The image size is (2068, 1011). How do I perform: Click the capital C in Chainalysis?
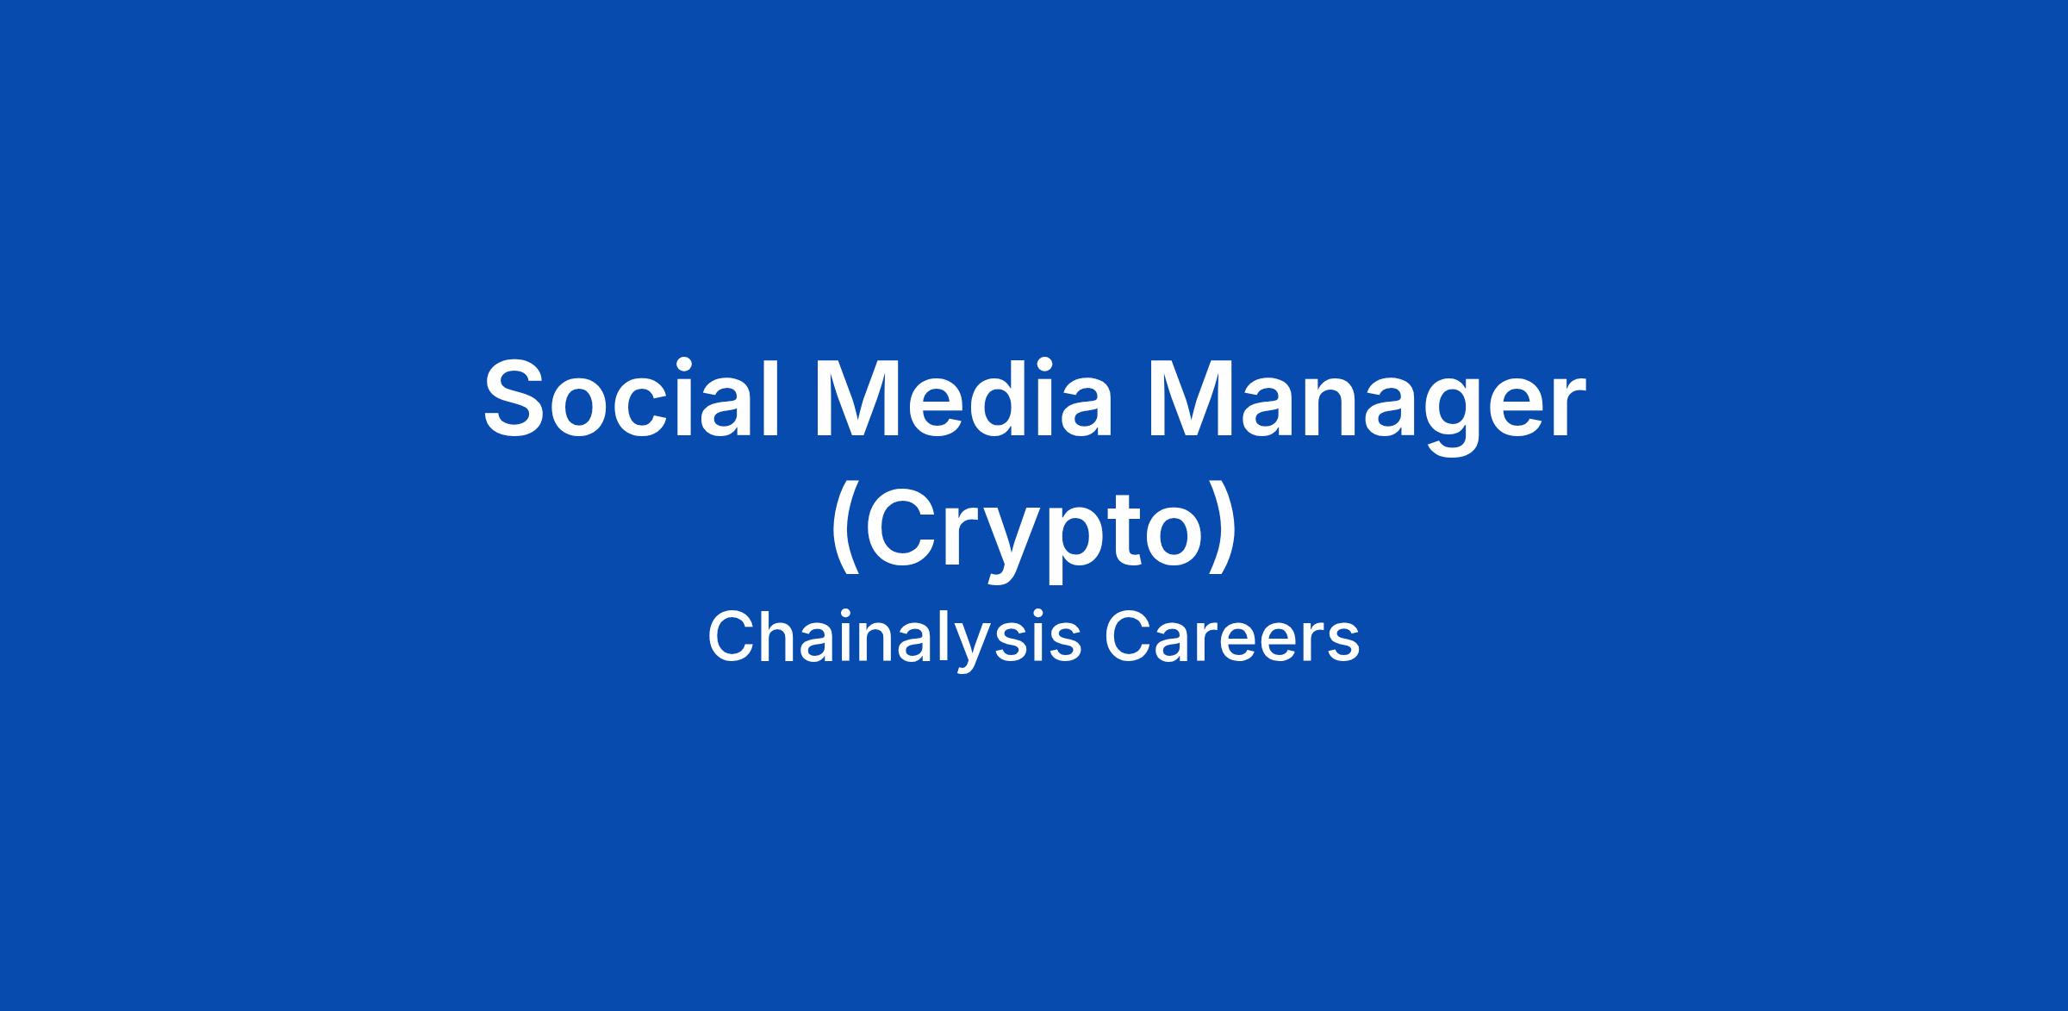pos(732,639)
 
